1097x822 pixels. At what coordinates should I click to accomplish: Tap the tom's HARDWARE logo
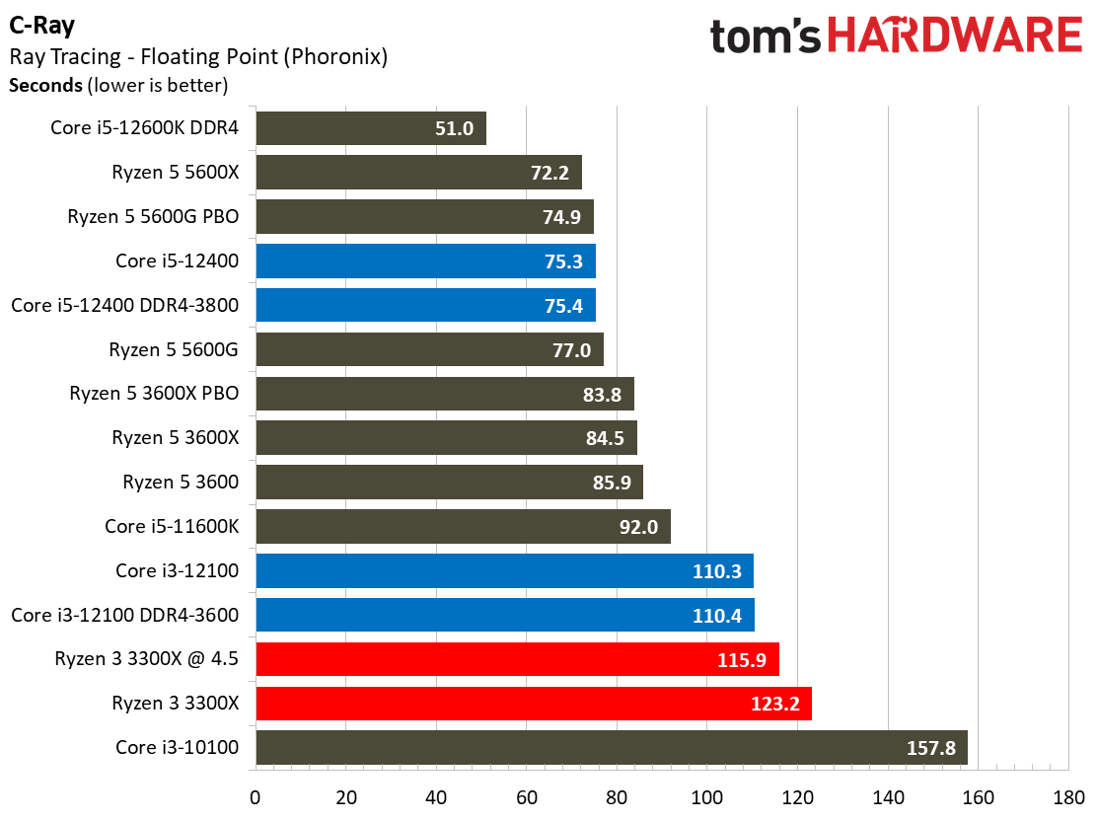coord(896,37)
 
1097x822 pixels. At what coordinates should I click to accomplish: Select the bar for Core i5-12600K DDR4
coord(370,128)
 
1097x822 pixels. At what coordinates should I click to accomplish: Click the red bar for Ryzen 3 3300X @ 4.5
coord(517,659)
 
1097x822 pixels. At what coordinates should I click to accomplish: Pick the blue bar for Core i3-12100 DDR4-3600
coord(504,615)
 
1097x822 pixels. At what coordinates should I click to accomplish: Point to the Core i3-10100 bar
coord(611,747)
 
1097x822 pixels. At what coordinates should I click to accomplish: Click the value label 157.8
coord(931,748)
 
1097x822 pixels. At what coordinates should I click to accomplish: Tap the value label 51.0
coord(454,128)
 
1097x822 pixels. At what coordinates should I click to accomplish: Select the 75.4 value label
coord(563,305)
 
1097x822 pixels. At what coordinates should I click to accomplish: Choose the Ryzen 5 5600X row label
coord(176,173)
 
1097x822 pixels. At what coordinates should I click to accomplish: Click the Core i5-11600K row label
coord(172,526)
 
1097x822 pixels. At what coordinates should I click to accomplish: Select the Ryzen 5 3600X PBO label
coord(154,394)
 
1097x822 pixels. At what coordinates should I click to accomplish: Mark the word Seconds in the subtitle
coord(45,85)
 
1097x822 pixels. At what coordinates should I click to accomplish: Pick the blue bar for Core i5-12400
coord(425,261)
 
